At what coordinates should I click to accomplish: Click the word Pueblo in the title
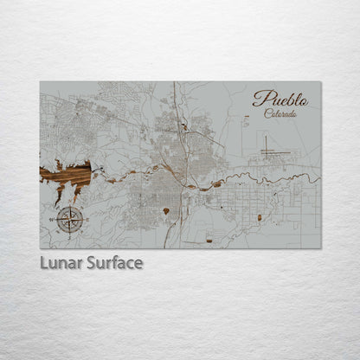280,99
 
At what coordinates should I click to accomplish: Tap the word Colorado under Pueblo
280,113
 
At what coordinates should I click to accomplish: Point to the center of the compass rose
70,221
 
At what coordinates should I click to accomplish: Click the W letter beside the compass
51,221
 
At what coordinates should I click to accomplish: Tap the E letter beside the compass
88,221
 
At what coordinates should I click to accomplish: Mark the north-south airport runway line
266,145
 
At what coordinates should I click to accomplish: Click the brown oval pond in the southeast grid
259,218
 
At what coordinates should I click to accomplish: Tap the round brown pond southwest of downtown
165,211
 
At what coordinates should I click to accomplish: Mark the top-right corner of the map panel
320,82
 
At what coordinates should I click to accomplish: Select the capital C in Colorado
268,113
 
